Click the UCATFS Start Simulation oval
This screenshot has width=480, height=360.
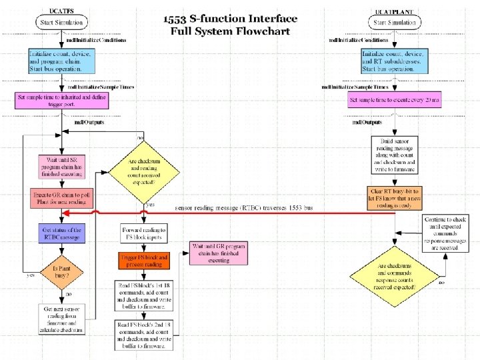62,23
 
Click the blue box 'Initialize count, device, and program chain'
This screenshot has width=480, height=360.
62,61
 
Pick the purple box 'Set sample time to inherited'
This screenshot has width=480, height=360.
61,101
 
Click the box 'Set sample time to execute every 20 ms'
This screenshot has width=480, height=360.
394,101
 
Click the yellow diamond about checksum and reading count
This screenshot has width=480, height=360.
145,167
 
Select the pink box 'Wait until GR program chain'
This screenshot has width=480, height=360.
218,253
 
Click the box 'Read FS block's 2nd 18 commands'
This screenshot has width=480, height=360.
145,335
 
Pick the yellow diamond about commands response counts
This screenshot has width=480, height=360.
397,273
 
